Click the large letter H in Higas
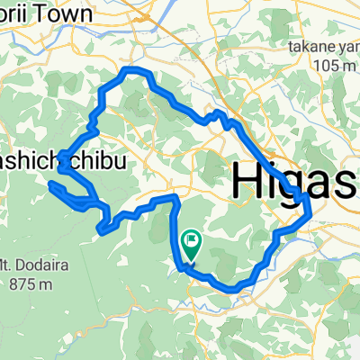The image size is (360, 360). [x=250, y=179]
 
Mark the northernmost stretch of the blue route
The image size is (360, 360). [x=134, y=70]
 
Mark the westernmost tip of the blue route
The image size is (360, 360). [x=53, y=185]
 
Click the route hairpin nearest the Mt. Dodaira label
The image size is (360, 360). [x=100, y=230]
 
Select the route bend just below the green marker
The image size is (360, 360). [x=183, y=266]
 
